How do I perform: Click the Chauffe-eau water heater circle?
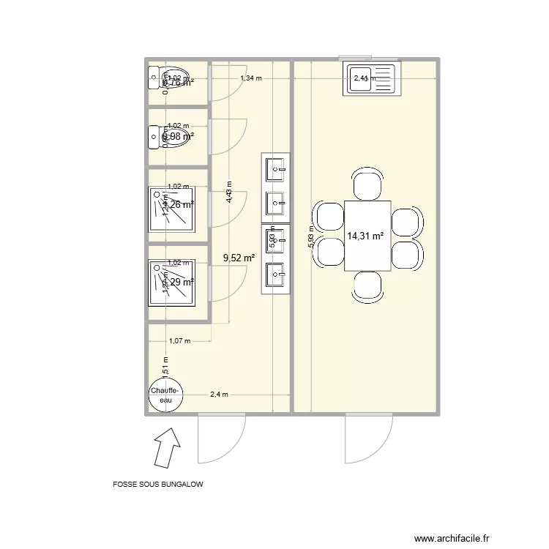click(x=166, y=396)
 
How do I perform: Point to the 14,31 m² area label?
click(x=366, y=236)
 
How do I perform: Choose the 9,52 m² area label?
click(x=239, y=258)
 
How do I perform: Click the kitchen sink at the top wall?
click(x=370, y=79)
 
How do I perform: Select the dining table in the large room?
click(x=367, y=235)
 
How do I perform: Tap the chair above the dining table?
click(x=367, y=184)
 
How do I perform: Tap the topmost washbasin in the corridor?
click(x=276, y=169)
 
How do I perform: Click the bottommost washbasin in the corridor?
click(x=276, y=276)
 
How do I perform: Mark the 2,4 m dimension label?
click(x=219, y=395)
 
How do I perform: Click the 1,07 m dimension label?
click(x=179, y=340)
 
